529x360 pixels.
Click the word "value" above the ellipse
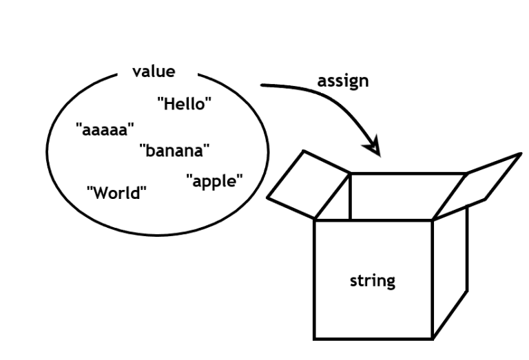tap(154, 72)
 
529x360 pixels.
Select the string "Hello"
tap(184, 104)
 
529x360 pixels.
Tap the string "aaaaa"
tap(105, 129)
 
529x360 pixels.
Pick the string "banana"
tap(174, 149)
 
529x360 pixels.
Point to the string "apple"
tap(214, 182)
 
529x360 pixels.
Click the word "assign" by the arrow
tap(342, 81)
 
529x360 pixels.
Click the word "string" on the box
tap(373, 281)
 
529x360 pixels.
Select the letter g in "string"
tap(391, 282)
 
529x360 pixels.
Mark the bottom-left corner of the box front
tap(315, 339)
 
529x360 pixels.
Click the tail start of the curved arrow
tap(262, 85)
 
